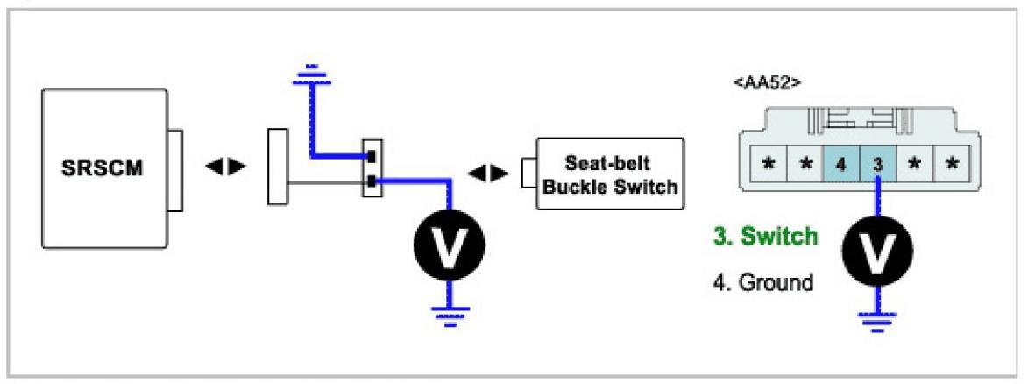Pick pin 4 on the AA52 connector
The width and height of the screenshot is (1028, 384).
coord(840,165)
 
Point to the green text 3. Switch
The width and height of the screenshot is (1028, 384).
coord(767,236)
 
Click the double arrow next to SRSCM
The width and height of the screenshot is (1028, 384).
coord(219,166)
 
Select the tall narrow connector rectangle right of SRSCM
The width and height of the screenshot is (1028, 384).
coord(277,167)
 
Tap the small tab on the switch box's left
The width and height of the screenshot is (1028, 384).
coord(529,171)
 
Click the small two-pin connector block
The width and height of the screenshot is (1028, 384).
coord(372,167)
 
